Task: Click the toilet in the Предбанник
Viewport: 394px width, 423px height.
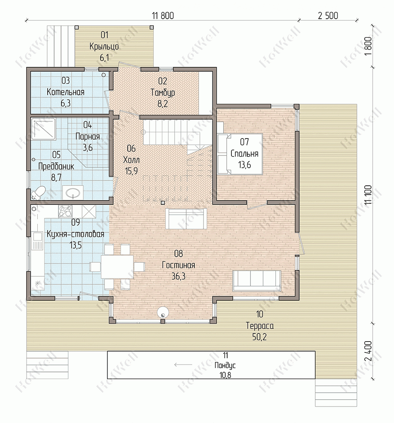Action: click(x=38, y=192)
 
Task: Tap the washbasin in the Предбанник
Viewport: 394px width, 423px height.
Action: click(x=73, y=193)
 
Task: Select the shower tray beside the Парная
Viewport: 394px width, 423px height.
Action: click(x=44, y=129)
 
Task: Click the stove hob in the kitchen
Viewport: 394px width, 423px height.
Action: click(x=65, y=211)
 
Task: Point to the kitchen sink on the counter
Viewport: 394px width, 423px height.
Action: click(x=37, y=241)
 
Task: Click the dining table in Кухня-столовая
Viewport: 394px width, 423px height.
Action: click(x=117, y=267)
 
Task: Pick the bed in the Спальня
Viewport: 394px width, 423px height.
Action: click(x=240, y=154)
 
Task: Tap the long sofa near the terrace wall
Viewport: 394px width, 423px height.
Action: click(x=257, y=281)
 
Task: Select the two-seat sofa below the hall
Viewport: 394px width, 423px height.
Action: click(x=186, y=219)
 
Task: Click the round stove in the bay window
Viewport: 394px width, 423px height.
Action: click(x=163, y=312)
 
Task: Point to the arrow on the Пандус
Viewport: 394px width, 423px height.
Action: click(x=183, y=364)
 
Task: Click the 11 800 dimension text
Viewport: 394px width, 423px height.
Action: click(x=163, y=16)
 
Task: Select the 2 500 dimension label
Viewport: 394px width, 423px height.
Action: click(x=328, y=16)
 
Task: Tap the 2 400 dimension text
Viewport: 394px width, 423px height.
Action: click(x=368, y=351)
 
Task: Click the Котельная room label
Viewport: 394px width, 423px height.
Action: click(x=66, y=92)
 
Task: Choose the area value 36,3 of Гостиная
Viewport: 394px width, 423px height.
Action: click(x=179, y=276)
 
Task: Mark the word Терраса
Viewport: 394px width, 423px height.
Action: click(x=260, y=326)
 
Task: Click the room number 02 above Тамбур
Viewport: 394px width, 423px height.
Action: click(x=163, y=81)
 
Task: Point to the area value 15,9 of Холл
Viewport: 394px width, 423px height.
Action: click(x=132, y=171)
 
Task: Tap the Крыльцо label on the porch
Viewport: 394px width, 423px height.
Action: click(x=104, y=47)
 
